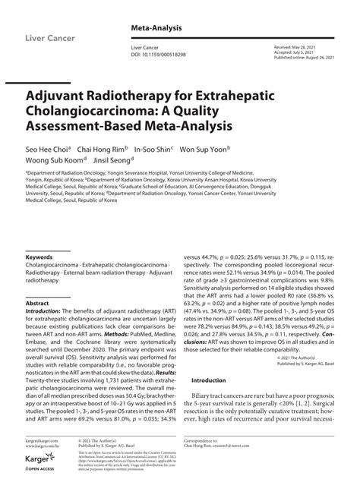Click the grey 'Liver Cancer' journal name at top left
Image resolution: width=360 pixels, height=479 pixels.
coord(51,36)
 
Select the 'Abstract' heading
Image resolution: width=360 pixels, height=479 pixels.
coord(37,303)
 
